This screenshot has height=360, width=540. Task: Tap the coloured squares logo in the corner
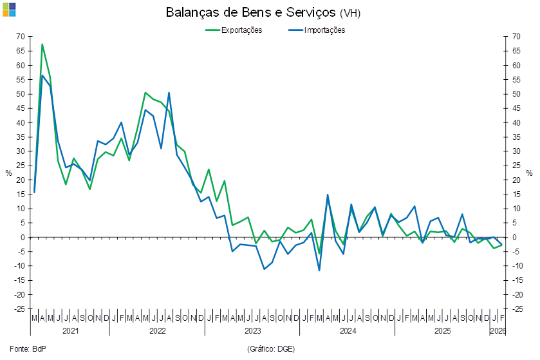[x=10, y=9]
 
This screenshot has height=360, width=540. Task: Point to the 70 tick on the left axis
[x=21, y=37]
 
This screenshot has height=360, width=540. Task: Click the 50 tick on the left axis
[x=21, y=94]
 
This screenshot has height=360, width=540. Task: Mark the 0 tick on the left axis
[x=23, y=237]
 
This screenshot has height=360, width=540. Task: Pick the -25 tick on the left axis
[x=21, y=309]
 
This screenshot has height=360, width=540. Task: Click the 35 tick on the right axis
[x=516, y=137]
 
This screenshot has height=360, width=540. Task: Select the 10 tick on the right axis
[x=516, y=209]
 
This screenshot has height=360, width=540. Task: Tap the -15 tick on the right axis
[x=516, y=280]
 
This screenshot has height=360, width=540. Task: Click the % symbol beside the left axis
[x=8, y=173]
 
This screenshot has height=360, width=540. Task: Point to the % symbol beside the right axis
[x=530, y=173]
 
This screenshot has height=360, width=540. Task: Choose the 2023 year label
[x=252, y=330]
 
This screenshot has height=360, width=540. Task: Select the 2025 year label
[x=442, y=330]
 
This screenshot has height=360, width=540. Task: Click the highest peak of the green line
[x=42, y=44]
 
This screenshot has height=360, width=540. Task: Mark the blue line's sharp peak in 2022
[x=169, y=92]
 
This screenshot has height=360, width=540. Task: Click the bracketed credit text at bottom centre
[x=270, y=348]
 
